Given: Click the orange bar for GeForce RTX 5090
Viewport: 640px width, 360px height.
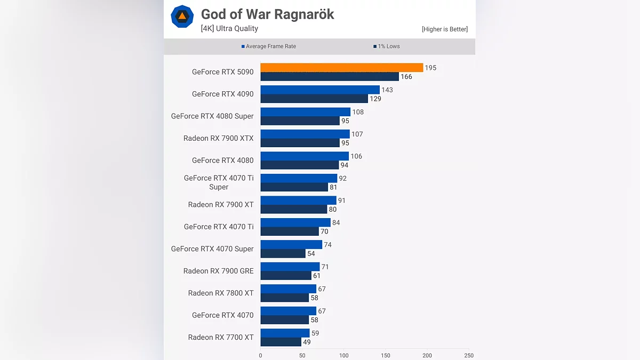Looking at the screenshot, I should (341, 68).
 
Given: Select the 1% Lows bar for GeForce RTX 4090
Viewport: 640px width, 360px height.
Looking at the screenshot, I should (314, 99).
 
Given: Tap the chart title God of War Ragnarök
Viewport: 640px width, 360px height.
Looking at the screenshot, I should (267, 14).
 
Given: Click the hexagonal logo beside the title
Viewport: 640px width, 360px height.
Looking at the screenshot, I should (182, 17).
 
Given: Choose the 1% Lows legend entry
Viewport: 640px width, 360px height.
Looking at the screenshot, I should (387, 46).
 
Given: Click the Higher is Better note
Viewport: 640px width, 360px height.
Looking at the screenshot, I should (444, 29).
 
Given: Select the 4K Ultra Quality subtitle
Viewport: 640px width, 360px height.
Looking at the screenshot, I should (229, 29).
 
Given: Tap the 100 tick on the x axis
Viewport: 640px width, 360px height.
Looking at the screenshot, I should (344, 355).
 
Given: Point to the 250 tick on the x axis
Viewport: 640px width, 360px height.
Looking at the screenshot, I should (469, 355).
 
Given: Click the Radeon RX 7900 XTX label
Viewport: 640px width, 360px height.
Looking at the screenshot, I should (219, 138).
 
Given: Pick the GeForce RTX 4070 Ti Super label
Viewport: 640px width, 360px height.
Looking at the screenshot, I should (219, 182).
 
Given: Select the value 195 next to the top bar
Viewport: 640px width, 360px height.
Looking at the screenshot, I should (430, 68).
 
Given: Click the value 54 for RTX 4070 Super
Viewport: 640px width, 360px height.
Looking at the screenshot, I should (311, 254).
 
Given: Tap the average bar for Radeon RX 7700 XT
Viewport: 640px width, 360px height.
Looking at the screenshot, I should (285, 333).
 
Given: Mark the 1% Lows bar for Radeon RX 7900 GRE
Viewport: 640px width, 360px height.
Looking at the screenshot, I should (286, 276).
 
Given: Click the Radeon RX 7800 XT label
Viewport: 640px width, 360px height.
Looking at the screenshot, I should (221, 293).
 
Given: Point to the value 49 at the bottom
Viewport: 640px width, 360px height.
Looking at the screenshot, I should (307, 342).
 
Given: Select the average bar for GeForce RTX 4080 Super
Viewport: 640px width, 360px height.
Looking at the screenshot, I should (305, 112).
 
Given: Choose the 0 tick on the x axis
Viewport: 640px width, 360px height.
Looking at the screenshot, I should (261, 355).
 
